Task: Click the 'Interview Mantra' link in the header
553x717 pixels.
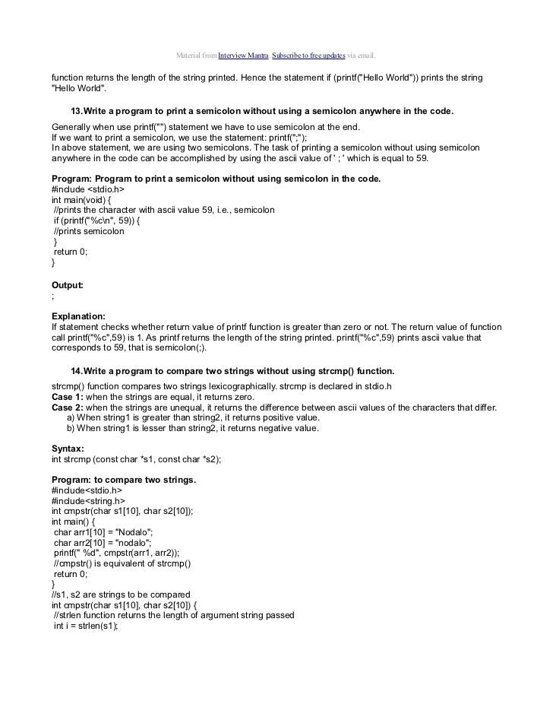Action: (x=244, y=56)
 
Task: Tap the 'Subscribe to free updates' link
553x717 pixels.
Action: (x=308, y=56)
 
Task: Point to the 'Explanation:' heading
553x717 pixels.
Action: (x=78, y=316)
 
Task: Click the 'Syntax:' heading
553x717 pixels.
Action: (x=68, y=449)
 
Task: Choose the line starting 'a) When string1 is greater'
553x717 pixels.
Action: (x=193, y=418)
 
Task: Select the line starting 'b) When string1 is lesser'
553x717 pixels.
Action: (x=193, y=429)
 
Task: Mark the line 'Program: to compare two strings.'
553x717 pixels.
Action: (x=124, y=481)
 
